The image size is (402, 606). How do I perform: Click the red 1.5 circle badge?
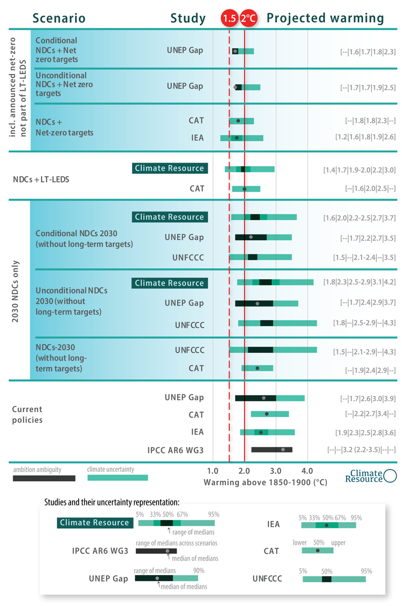[x=229, y=19]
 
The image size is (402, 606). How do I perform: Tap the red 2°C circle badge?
[x=248, y=19]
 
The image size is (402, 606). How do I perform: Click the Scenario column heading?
[x=59, y=19]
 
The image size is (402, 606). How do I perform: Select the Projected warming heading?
[x=325, y=19]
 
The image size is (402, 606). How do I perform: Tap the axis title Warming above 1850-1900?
[x=265, y=482]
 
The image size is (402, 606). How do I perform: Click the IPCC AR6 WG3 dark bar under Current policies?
[x=271, y=449]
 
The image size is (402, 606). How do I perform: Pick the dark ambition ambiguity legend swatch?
[x=44, y=478]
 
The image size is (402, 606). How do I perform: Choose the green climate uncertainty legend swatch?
[x=117, y=478]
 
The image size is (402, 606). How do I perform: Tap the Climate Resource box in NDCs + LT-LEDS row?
[x=169, y=168]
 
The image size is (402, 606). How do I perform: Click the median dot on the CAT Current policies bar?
[x=267, y=414]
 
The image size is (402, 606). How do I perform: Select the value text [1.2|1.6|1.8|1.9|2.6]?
[x=365, y=137]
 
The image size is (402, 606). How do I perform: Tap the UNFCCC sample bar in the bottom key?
[x=334, y=579]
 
